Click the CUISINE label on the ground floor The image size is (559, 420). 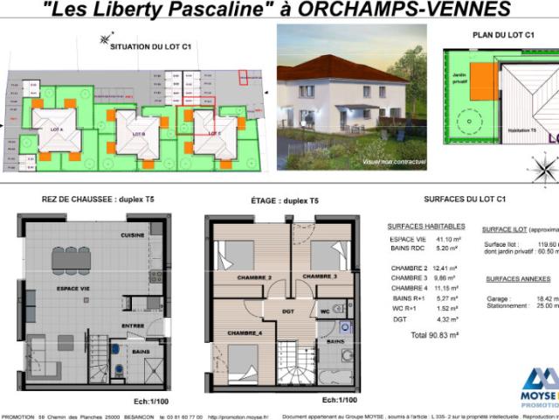point(133,235)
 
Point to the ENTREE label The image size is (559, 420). point(133,325)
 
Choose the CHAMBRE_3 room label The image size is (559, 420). point(320,276)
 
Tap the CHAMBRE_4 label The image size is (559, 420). point(245,333)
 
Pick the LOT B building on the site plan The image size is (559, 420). point(137,133)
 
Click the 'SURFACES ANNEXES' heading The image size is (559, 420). point(518,278)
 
